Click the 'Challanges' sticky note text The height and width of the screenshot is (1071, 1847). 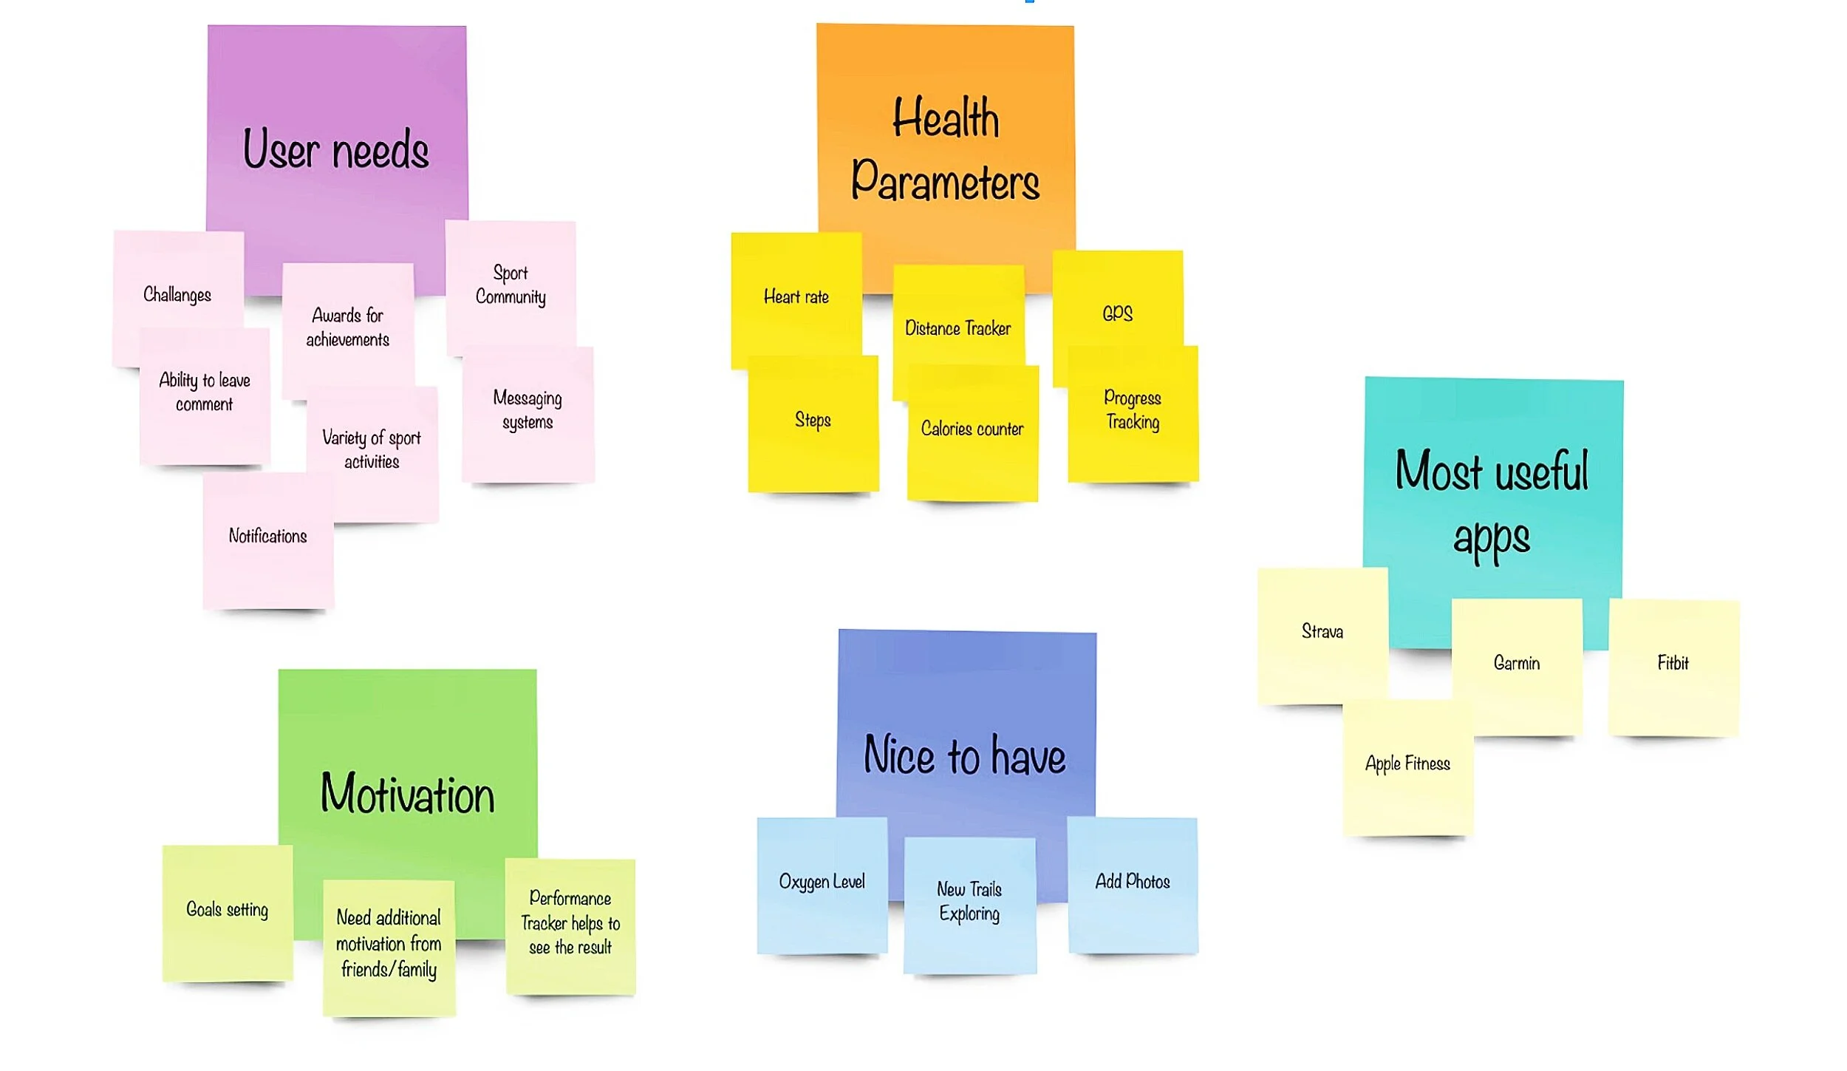coord(177,295)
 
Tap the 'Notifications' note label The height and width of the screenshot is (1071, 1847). coord(267,536)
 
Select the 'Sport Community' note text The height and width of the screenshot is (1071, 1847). coord(511,285)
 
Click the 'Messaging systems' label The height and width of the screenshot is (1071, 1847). coord(528,409)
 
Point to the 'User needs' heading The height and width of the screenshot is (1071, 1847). coord(336,149)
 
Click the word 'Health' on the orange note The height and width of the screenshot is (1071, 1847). coord(946,118)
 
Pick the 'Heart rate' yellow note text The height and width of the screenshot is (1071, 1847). coord(796,297)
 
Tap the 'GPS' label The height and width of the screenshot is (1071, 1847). coord(1117,313)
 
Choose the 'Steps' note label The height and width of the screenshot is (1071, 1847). coord(813,420)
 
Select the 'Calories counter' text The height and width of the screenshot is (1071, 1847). coord(972,429)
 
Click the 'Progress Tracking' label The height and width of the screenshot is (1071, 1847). coord(1133,409)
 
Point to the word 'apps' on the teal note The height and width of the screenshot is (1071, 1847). coord(1492,538)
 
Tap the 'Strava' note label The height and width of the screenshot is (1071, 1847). coord(1322,631)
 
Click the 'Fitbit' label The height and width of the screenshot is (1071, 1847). coord(1673,663)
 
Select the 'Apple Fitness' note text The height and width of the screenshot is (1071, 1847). coord(1407,764)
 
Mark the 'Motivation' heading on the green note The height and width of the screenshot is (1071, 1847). coord(407,794)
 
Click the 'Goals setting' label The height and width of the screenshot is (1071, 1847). coord(227,909)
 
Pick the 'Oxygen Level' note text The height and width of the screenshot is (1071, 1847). coord(822,882)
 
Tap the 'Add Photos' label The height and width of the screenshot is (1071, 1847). coord(1133,881)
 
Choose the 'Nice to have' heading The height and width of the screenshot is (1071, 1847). coord(965,755)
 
